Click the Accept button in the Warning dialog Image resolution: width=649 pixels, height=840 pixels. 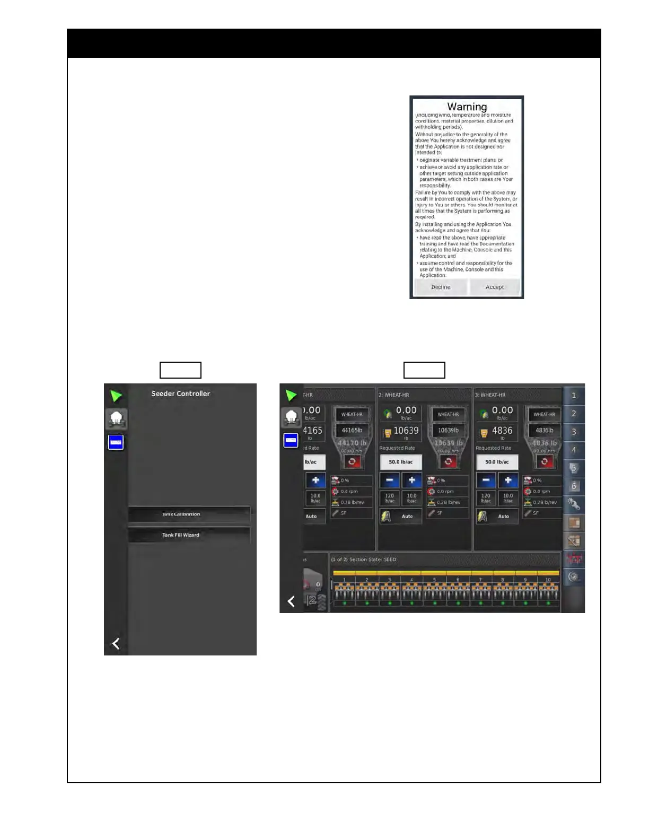pos(495,287)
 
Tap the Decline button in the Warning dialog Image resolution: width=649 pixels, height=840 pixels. pos(441,287)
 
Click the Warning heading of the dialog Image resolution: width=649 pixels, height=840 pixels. pos(467,107)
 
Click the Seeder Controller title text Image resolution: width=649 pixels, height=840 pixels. pos(181,393)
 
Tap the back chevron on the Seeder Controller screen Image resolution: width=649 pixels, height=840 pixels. pos(116,644)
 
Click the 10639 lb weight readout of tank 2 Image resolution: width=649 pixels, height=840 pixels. pos(406,431)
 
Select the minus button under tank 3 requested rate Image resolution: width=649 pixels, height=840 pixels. pos(486,480)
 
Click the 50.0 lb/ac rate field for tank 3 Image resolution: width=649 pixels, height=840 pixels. pos(497,462)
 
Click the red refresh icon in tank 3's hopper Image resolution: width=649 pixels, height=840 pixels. pos(545,461)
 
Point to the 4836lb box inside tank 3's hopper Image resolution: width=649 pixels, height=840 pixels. pos(545,430)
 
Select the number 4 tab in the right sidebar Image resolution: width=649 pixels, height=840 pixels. pos(574,450)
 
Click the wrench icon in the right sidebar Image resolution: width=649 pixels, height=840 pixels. pos(574,504)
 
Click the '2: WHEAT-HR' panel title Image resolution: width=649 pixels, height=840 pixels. pos(393,395)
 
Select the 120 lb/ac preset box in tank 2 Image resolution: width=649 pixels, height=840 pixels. pos(390,498)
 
